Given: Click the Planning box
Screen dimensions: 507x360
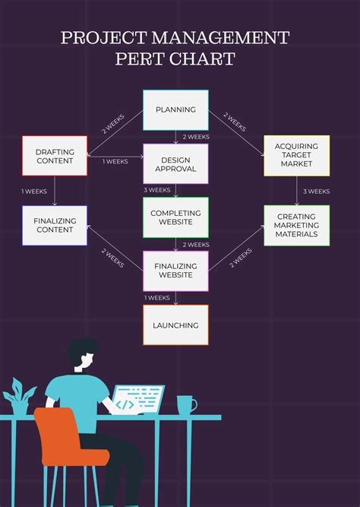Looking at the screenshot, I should tap(175, 110).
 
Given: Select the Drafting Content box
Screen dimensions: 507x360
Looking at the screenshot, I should tap(55, 156).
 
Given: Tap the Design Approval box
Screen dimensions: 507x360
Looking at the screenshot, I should tap(175, 164).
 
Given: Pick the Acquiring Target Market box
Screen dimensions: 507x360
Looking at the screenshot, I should tap(296, 155).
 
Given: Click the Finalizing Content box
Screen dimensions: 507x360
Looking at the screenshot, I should tap(55, 225).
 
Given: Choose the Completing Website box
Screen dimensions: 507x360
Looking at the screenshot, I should tap(175, 217).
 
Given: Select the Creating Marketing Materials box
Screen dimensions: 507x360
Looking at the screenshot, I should tap(296, 225).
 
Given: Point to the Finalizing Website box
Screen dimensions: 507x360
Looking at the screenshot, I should tap(175, 271).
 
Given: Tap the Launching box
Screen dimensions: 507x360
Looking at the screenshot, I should tap(175, 325).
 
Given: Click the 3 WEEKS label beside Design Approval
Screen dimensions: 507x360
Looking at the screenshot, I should tap(157, 190).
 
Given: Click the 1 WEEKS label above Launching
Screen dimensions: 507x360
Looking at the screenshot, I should tap(157, 298).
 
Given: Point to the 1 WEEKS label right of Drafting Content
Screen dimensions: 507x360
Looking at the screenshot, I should tap(115, 161).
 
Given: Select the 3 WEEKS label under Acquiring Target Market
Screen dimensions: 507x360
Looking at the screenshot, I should tap(316, 192).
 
